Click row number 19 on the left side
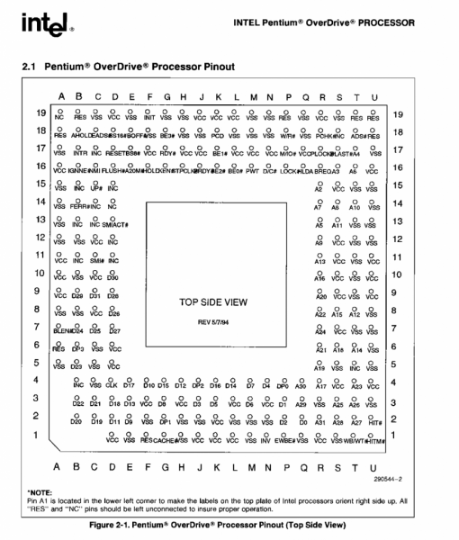pos(40,115)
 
